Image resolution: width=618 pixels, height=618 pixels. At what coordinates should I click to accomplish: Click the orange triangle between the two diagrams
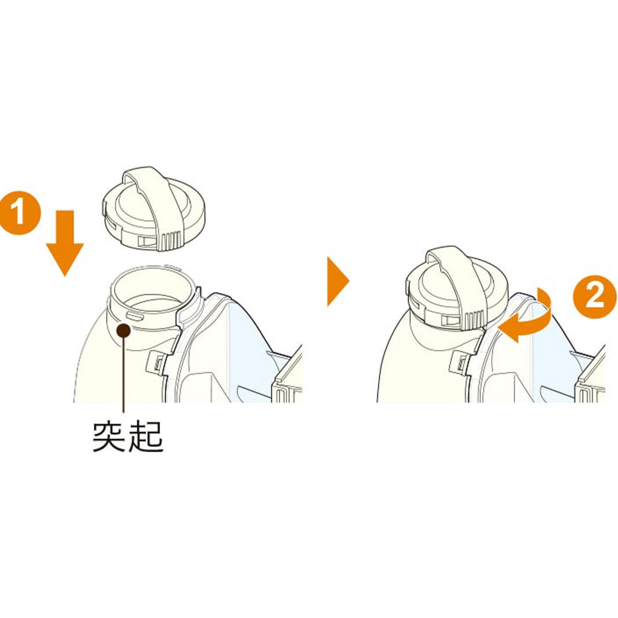[337, 282]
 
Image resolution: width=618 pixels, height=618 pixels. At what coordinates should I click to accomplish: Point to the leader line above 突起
[123, 377]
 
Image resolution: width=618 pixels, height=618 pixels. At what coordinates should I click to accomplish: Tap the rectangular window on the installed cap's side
[450, 321]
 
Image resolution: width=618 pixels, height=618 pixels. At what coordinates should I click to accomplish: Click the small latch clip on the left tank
[158, 362]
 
